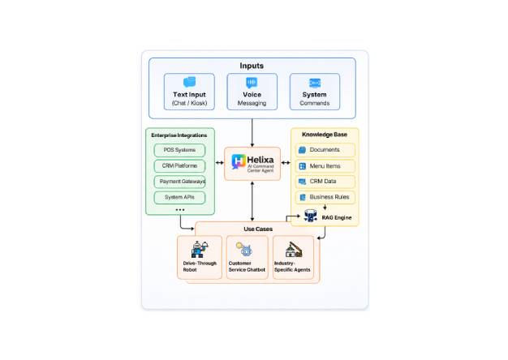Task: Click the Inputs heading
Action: pyautogui.click(x=252, y=66)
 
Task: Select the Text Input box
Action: pyautogui.click(x=189, y=92)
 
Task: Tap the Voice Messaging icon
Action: pyautogui.click(x=252, y=83)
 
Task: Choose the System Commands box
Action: pyautogui.click(x=315, y=92)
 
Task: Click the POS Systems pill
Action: pyautogui.click(x=179, y=150)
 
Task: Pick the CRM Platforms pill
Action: pyautogui.click(x=179, y=165)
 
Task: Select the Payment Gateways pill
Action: pyautogui.click(x=179, y=182)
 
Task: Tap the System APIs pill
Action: pyautogui.click(x=179, y=198)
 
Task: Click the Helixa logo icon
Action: pyautogui.click(x=239, y=161)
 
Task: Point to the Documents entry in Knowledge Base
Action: pyautogui.click(x=325, y=150)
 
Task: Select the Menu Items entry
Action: pyautogui.click(x=325, y=166)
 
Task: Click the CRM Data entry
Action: pyautogui.click(x=325, y=182)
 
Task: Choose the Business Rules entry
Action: pyautogui.click(x=325, y=197)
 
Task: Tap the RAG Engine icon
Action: pyautogui.click(x=310, y=216)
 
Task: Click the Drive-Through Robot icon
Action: pyautogui.click(x=200, y=249)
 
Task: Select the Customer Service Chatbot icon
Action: pyautogui.click(x=244, y=249)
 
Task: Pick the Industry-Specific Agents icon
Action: pyautogui.click(x=294, y=250)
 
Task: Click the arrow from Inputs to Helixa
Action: pyautogui.click(x=252, y=133)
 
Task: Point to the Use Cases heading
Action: pyautogui.click(x=258, y=229)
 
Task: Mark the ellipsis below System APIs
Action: pyautogui.click(x=180, y=210)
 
